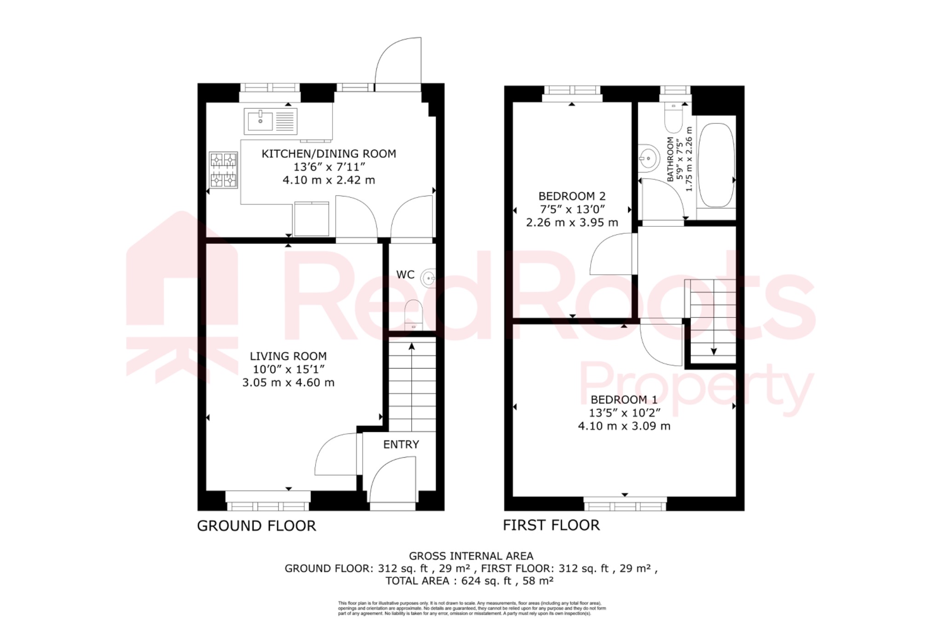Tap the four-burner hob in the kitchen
point(223,170)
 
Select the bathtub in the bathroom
point(716,164)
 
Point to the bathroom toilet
point(673,118)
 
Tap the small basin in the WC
point(429,278)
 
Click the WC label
point(405,275)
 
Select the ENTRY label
point(401,444)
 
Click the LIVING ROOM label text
point(288,356)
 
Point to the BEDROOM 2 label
point(572,196)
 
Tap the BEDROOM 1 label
point(624,399)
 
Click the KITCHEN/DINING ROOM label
point(328,154)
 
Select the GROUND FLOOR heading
point(256,526)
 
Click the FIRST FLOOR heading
point(551,525)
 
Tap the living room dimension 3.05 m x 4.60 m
point(288,382)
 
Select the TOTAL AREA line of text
point(469,581)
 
